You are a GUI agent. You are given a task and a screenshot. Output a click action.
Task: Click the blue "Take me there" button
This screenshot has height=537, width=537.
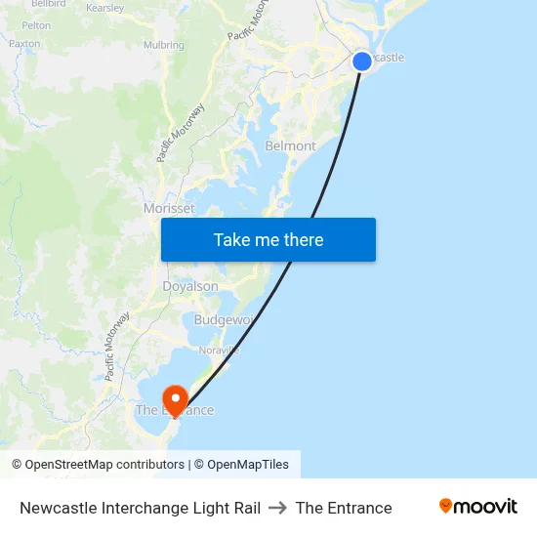[x=268, y=240]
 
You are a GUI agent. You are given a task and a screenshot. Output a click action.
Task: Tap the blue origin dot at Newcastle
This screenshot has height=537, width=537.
[x=361, y=62]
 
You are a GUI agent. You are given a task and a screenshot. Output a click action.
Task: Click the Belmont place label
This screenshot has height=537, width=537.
[x=291, y=146]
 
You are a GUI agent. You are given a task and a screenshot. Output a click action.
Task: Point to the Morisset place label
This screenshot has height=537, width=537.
[x=169, y=208]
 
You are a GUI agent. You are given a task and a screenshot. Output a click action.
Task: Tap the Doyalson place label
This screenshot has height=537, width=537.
[x=190, y=287]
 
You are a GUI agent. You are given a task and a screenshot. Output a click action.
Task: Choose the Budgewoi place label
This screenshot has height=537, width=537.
[x=224, y=320]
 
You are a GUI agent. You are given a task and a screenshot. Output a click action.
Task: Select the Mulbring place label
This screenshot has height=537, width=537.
[x=163, y=45]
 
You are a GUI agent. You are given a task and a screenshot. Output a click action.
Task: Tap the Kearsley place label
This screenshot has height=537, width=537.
[x=105, y=8]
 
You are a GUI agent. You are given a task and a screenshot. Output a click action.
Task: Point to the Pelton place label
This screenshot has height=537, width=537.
[x=36, y=25]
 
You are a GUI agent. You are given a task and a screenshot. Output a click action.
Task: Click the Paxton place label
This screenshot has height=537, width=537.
[x=24, y=44]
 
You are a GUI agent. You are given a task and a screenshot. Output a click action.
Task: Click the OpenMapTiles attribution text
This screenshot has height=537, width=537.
[x=248, y=465]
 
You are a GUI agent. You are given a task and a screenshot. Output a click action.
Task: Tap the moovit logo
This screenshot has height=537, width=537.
[x=477, y=507]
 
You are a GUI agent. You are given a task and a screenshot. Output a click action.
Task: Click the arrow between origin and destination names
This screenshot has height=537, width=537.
[x=278, y=508]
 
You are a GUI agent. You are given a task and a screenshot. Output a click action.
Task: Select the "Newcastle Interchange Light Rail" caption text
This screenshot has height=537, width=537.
[x=140, y=508]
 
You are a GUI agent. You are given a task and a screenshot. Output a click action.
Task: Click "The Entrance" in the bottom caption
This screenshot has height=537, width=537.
[x=344, y=508]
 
